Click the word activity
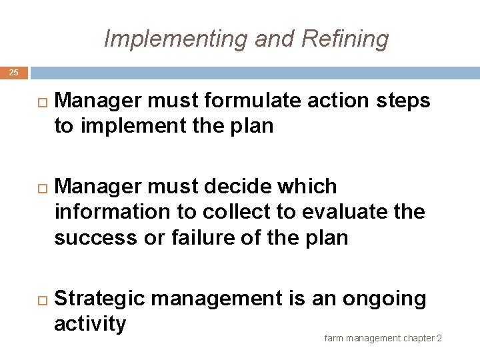pyautogui.click(x=90, y=325)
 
